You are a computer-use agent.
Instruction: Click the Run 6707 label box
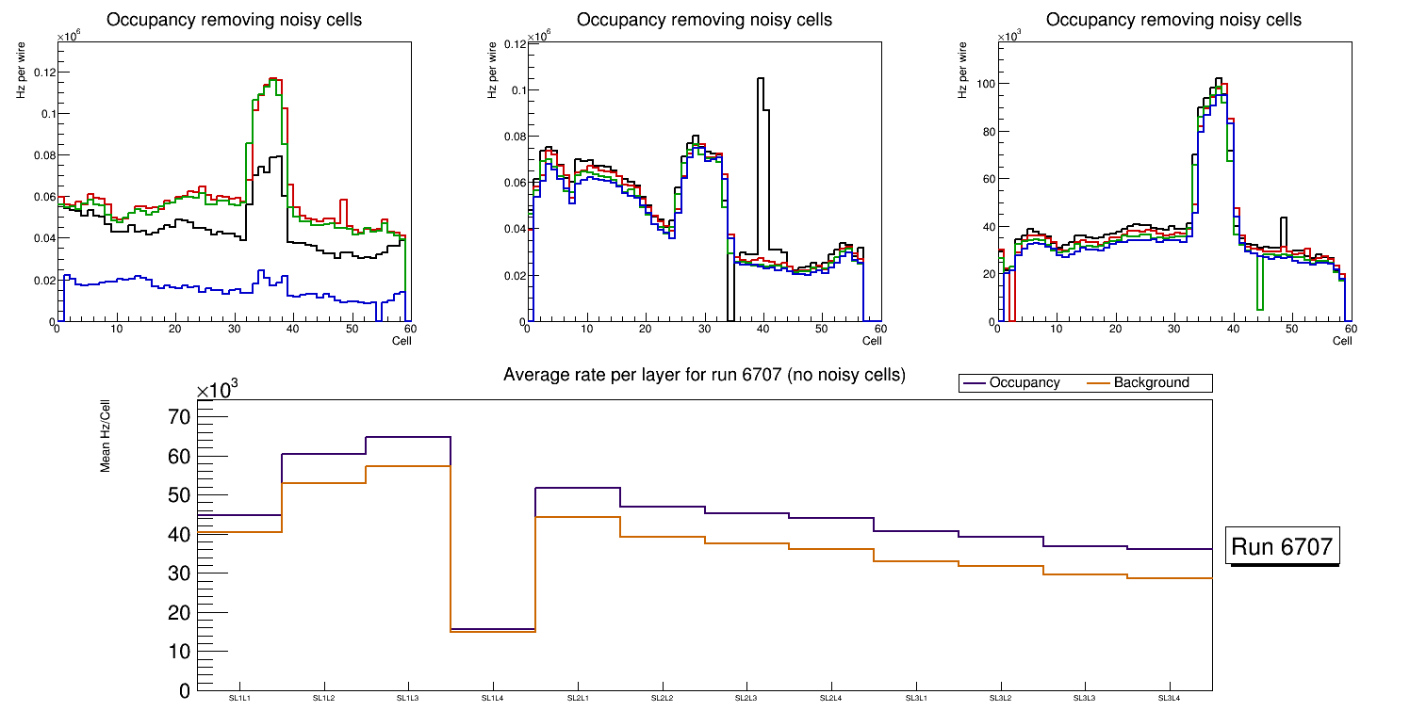coord(1284,546)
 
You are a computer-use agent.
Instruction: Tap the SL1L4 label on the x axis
coord(493,699)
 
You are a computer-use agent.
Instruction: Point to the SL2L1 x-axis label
coord(578,699)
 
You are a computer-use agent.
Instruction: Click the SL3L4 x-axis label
coord(1170,699)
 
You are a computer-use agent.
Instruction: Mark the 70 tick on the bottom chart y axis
coord(178,417)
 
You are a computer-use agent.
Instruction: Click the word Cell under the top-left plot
coord(402,340)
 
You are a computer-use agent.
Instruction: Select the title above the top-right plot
coord(1173,20)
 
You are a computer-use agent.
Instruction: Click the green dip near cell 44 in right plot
coord(1259,292)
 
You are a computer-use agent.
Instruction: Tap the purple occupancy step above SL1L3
coord(408,437)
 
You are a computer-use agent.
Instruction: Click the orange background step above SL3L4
coord(1170,578)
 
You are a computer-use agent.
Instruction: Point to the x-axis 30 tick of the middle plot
coord(703,329)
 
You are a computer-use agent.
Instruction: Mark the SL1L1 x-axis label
coord(239,699)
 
